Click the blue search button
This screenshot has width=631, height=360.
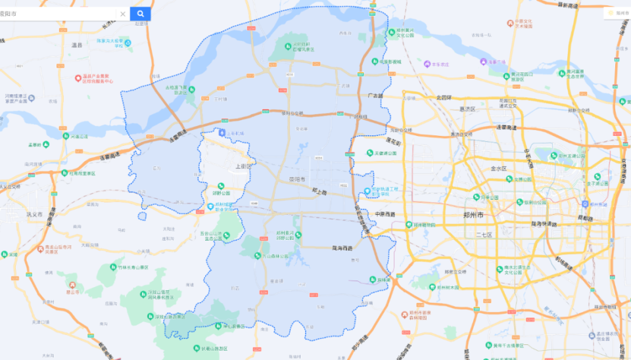pyautogui.click(x=140, y=14)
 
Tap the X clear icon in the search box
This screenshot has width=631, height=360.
pyautogui.click(x=122, y=14)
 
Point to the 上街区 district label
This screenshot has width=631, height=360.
pyautogui.click(x=243, y=166)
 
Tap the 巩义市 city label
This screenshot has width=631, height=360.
pyautogui.click(x=34, y=215)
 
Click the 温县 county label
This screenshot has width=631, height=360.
pyautogui.click(x=77, y=45)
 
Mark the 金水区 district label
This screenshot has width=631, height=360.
pyautogui.click(x=499, y=168)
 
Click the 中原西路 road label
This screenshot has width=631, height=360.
pyautogui.click(x=385, y=214)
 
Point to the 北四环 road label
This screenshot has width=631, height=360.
pyautogui.click(x=444, y=97)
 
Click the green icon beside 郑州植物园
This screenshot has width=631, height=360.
pyautogui.click(x=408, y=224)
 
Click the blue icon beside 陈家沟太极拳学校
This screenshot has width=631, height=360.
pyautogui.click(x=128, y=43)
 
